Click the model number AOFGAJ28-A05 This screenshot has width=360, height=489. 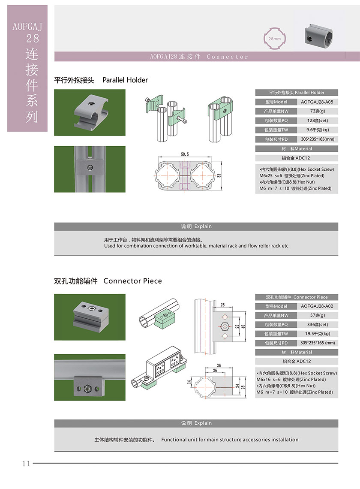coord(317,102)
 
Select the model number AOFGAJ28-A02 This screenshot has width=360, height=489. coord(317,306)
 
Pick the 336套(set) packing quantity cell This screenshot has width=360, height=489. coord(317,325)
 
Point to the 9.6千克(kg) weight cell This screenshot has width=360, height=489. coord(317,130)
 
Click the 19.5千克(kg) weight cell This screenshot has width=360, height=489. coord(317,334)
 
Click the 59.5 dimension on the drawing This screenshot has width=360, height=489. coord(185,154)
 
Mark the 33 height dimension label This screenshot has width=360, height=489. coord(219,175)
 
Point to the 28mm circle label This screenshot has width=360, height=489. coord(274,39)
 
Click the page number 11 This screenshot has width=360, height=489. coord(26,463)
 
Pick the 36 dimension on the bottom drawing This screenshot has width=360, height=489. coord(219,365)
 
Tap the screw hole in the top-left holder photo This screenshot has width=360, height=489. coord(91,103)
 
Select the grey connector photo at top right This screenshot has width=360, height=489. coord(320,35)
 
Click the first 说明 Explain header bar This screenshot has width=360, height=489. coord(196,226)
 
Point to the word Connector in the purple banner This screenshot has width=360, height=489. coord(227,57)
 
